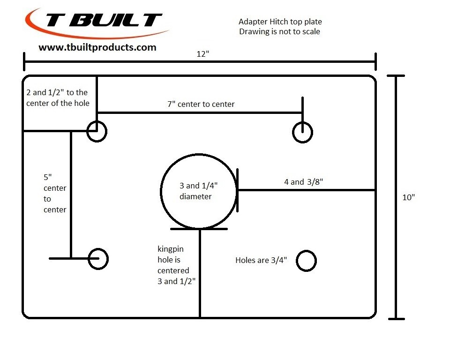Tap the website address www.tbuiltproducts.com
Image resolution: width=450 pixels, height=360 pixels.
97,47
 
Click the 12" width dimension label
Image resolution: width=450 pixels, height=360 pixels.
202,54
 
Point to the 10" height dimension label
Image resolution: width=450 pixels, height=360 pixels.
408,197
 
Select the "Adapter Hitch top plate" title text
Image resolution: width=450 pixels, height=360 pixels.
280,22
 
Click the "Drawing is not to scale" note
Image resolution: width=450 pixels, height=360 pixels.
279,31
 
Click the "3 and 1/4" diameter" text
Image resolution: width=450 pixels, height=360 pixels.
198,191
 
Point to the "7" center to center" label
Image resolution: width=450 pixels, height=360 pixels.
201,104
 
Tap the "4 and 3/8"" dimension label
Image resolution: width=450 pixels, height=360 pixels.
304,182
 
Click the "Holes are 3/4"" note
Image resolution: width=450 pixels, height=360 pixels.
261,260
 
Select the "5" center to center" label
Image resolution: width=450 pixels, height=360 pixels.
55,193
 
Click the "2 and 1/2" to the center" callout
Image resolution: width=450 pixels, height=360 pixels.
58,97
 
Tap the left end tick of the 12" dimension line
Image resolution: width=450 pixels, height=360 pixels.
24,61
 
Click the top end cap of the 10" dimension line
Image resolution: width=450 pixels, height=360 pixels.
396,76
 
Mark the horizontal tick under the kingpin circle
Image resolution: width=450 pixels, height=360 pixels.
199,229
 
